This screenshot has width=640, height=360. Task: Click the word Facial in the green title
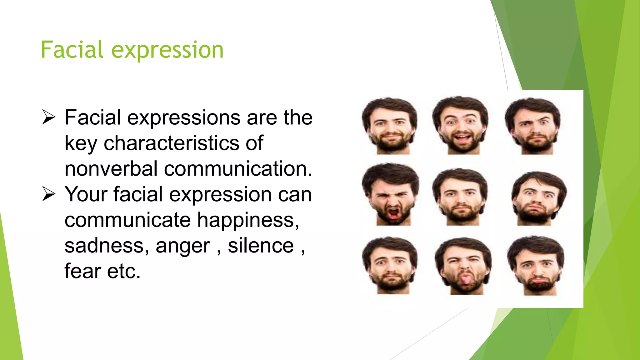pos(72,50)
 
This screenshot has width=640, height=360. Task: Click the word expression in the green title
pos(167,51)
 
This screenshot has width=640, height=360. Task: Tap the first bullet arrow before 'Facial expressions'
pos(48,117)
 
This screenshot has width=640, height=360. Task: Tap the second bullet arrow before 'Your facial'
pos(48,194)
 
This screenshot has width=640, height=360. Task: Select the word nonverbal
pos(111,169)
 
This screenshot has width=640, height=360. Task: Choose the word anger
pos(183,246)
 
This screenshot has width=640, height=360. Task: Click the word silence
pos(261,246)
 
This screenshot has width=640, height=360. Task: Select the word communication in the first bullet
pos(238,169)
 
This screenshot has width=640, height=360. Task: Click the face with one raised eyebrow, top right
pos(533,126)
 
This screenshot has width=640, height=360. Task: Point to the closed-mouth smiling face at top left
pos(390,126)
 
